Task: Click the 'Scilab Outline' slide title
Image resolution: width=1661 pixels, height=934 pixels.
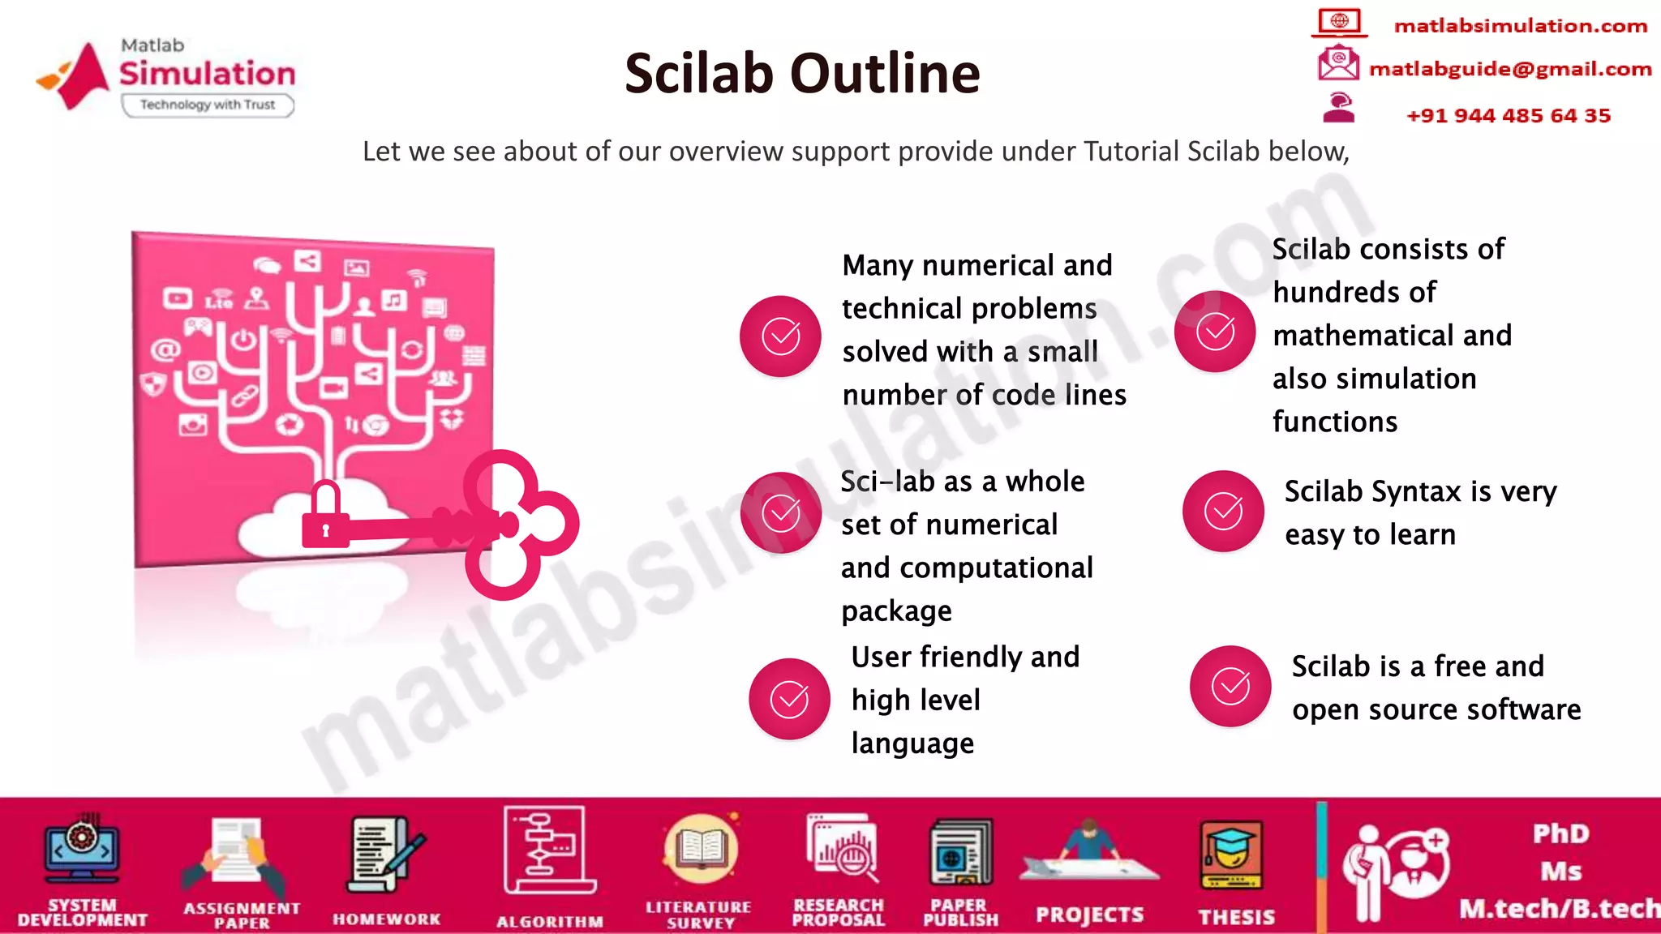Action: (x=802, y=73)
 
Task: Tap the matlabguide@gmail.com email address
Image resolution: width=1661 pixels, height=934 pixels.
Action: (x=1509, y=69)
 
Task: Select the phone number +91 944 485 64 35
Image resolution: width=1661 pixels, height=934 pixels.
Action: (x=1508, y=116)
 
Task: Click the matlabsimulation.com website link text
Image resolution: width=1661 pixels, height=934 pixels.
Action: (x=1520, y=26)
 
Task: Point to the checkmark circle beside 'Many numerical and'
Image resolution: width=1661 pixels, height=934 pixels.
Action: (x=780, y=336)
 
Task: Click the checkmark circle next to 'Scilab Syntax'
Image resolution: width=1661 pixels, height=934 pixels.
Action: (x=1223, y=511)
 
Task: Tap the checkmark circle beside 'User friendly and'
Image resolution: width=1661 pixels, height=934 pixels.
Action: (x=789, y=699)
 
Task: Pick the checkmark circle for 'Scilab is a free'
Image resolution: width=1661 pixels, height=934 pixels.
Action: (x=1230, y=686)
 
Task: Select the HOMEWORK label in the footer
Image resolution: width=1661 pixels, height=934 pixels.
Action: (x=387, y=919)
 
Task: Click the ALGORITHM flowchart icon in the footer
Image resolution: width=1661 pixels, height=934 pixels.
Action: (x=548, y=850)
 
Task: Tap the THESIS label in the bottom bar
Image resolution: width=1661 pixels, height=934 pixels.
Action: (x=1237, y=917)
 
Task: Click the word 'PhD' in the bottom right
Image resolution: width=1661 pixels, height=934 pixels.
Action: (x=1560, y=833)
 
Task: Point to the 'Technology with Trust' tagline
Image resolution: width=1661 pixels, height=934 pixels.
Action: (x=208, y=105)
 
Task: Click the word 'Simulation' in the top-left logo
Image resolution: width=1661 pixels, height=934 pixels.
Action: (x=208, y=74)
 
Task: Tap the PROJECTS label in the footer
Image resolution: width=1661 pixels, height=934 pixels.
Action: (x=1089, y=915)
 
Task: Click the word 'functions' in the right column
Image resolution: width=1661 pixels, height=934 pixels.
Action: (x=1335, y=422)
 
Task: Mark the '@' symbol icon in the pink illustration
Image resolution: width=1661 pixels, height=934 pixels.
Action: (x=165, y=349)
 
